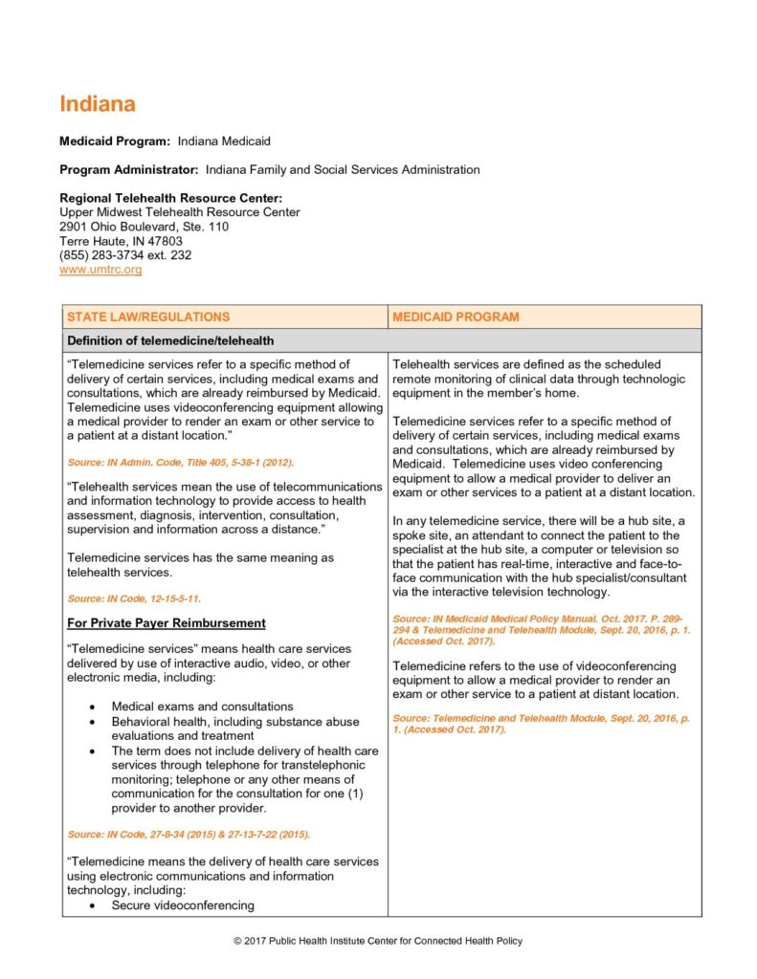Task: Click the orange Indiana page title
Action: (98, 104)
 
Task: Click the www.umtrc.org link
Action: (100, 271)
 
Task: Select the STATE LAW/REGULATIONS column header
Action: (148, 316)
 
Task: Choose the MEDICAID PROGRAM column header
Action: (456, 316)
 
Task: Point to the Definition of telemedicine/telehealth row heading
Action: (170, 340)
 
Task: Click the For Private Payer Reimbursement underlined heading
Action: (167, 623)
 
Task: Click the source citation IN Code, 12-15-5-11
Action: (134, 598)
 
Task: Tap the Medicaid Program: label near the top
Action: (115, 141)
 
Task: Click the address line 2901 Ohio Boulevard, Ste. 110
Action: (145, 227)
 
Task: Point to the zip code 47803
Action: (165, 241)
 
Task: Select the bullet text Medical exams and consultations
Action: (202, 707)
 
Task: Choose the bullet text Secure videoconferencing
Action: (183, 905)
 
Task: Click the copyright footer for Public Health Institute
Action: (378, 942)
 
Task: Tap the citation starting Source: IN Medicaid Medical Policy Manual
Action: (541, 619)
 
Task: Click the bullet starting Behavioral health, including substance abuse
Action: (235, 722)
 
